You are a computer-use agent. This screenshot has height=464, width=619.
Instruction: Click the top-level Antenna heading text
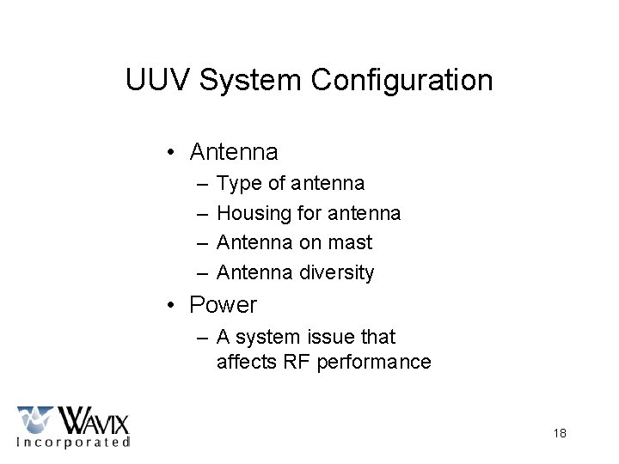coord(234,153)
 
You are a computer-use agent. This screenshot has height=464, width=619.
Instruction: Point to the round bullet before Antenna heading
coord(173,153)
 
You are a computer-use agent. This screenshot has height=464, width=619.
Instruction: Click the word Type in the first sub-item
coord(237,183)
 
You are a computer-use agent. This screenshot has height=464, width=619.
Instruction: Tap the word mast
coord(353,243)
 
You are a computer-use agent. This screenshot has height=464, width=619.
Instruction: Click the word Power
coord(224,305)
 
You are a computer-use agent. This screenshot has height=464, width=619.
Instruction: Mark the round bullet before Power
coord(173,305)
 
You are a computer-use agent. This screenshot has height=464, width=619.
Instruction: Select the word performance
coord(374,363)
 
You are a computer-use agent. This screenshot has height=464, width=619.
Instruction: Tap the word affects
coord(248,363)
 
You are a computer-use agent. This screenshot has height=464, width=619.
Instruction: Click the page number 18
coord(559,433)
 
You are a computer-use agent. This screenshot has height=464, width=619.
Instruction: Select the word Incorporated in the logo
coord(74,443)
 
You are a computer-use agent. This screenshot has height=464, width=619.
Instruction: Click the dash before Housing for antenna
coord(202,213)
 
